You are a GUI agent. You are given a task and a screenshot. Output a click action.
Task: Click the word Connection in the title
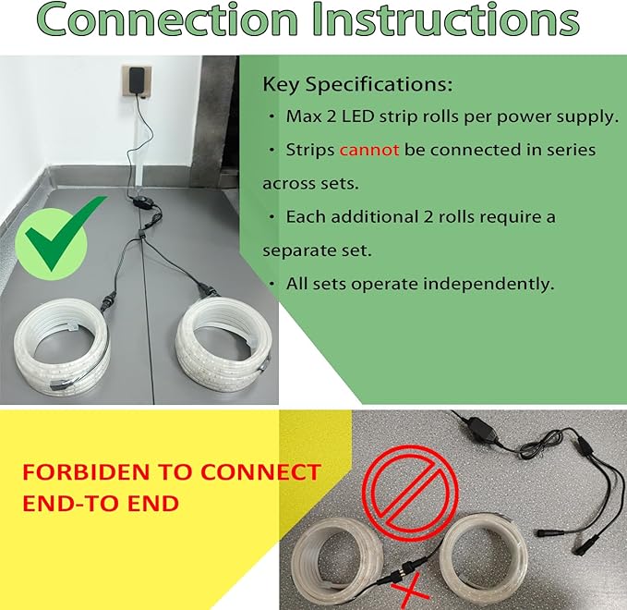click(168, 18)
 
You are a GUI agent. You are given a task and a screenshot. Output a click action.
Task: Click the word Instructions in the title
click(446, 18)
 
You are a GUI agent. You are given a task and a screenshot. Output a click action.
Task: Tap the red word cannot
click(369, 150)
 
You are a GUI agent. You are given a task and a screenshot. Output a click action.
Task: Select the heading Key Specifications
click(357, 85)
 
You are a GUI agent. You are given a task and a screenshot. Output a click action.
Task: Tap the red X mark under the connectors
click(409, 591)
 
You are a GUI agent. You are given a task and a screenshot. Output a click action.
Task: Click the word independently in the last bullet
click(488, 284)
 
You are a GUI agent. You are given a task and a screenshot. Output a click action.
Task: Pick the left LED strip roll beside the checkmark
click(62, 348)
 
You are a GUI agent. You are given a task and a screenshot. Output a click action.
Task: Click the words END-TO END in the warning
click(101, 504)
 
